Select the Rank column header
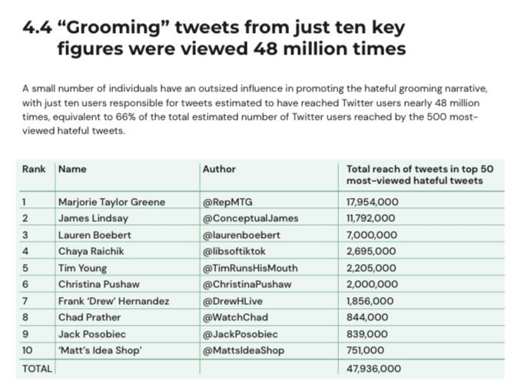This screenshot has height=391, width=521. point(34,169)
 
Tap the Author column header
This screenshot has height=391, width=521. point(219,169)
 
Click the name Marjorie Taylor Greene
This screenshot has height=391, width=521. point(111,202)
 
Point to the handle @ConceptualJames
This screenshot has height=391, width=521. point(250,218)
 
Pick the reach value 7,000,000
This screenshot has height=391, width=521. point(372,235)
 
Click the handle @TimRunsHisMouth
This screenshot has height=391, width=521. point(250,268)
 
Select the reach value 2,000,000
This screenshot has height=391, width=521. point(372,284)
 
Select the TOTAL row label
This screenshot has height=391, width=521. point(37,368)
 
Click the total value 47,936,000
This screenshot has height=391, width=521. point(374,368)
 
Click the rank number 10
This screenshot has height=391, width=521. point(27,350)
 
